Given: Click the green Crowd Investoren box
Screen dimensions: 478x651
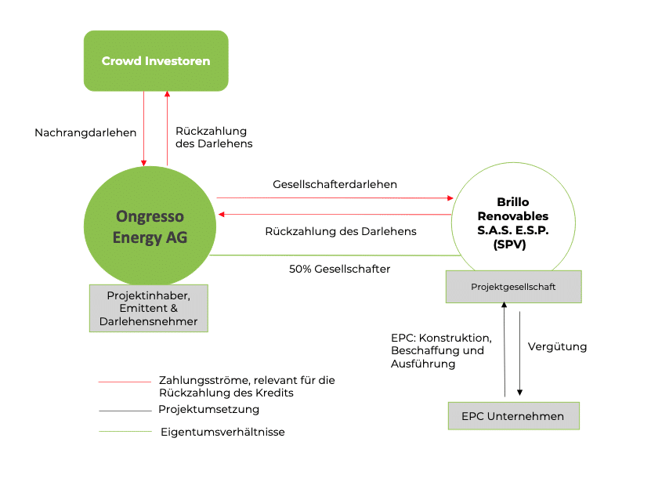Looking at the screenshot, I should (x=156, y=60).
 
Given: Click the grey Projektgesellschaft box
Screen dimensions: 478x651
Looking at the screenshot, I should (x=514, y=287).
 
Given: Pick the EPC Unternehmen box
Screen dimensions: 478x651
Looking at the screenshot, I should (x=513, y=416).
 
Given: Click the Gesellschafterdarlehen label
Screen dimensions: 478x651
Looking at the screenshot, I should (x=335, y=185).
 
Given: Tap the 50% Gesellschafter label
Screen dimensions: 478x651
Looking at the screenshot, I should (x=340, y=269).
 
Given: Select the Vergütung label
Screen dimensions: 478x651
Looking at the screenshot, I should (x=557, y=346).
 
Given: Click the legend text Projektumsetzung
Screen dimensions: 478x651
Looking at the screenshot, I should (x=208, y=409).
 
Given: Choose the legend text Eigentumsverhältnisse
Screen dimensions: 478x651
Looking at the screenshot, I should (x=222, y=432).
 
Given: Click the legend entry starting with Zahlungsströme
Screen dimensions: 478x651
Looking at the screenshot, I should (x=246, y=386).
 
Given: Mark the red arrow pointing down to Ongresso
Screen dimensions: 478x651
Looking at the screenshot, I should (x=144, y=129).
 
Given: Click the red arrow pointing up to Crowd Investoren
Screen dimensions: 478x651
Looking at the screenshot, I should (x=167, y=129).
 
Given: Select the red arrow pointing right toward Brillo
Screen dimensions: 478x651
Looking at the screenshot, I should (x=335, y=197).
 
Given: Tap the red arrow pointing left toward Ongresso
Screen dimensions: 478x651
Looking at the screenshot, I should (x=335, y=214).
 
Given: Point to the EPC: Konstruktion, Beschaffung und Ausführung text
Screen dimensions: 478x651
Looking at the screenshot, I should (x=441, y=351).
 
